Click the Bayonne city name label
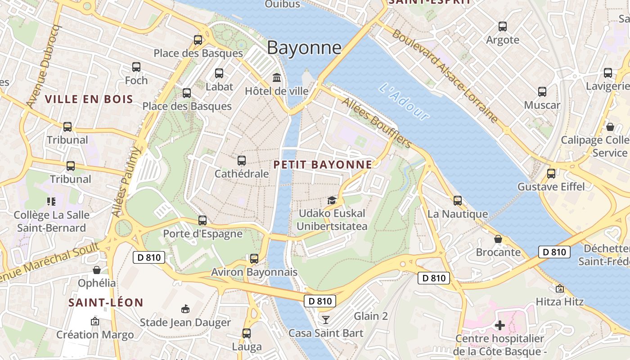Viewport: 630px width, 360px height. tap(304, 48)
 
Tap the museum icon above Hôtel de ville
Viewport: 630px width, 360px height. tap(277, 78)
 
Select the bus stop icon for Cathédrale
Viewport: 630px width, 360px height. tap(242, 160)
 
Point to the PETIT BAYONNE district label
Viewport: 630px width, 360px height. tap(323, 165)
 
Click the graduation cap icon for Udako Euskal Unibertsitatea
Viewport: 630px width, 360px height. tap(332, 200)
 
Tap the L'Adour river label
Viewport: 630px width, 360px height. tap(404, 102)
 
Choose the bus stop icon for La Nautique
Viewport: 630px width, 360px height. tap(458, 201)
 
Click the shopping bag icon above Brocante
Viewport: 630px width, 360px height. tap(498, 239)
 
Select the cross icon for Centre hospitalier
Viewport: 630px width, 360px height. tap(500, 325)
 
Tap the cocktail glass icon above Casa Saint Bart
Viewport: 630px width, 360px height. tap(326, 320)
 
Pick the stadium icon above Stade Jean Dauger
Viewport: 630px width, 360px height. tap(185, 309)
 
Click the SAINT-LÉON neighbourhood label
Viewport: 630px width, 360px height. tap(106, 303)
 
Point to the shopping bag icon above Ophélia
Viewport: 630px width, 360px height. tap(97, 270)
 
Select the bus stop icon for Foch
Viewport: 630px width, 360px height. tap(136, 67)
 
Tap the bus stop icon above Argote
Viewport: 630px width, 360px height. tap(503, 27)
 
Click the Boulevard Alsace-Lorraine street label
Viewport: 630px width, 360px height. tap(445, 76)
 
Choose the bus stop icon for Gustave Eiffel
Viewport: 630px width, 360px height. tap(551, 174)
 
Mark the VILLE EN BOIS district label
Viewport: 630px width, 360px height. tap(89, 99)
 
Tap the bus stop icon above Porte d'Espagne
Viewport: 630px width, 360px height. tap(202, 220)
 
